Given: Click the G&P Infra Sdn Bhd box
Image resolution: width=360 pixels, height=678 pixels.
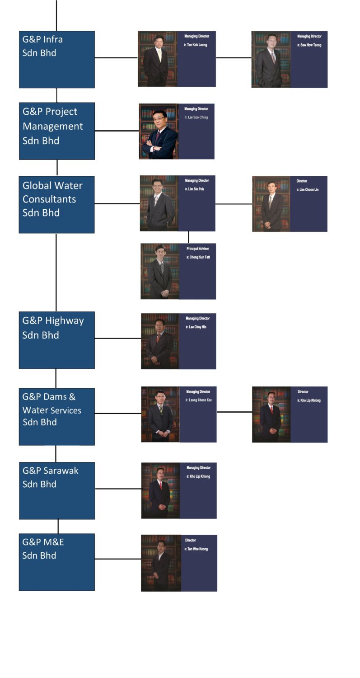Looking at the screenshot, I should pos(56,59).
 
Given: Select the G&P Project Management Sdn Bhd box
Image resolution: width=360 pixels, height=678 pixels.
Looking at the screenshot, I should pos(56,131).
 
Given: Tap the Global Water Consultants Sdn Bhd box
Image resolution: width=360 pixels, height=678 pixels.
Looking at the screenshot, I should pos(56,204).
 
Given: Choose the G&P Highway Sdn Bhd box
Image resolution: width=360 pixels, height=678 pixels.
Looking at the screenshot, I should pos(56,340).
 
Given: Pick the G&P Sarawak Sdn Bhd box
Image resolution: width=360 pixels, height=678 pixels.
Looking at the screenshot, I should pos(56,490).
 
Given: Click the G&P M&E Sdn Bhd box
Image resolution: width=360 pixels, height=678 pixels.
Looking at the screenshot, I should pos(56,562).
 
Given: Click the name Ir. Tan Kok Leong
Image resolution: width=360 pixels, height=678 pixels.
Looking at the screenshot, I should pos(196,45).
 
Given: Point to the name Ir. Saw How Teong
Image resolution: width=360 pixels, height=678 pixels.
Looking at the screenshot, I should pos(309,45).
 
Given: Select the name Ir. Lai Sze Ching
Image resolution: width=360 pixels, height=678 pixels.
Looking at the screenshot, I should pos(196,118).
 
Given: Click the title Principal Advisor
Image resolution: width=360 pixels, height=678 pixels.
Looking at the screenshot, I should pos(198,249).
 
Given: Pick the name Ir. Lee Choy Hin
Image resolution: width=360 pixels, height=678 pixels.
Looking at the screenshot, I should pos(196,327).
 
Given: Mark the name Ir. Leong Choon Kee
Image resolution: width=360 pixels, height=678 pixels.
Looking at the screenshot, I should pos(199,400).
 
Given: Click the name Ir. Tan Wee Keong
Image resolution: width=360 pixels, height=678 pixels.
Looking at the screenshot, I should pos(196,549).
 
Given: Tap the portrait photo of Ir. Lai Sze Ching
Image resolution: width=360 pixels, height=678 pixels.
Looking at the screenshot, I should pos(159,132).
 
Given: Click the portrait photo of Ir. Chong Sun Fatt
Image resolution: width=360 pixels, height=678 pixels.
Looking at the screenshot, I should pos(160,271).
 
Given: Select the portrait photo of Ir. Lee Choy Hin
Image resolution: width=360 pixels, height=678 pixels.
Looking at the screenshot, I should pos(160,341).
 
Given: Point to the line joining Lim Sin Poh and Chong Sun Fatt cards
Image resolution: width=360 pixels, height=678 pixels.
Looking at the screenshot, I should pos(188,237).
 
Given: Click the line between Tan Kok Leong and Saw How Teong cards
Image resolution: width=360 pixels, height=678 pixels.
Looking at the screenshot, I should pos(234,58).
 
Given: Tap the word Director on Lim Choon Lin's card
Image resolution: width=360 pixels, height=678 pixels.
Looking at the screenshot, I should pos(302,181).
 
